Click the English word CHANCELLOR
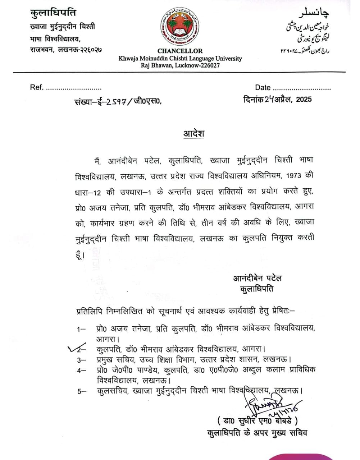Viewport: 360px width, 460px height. click(x=180, y=51)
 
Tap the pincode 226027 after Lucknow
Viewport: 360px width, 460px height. click(x=208, y=65)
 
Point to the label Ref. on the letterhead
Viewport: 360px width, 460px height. click(x=36, y=87)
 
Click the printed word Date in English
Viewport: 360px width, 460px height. click(x=263, y=87)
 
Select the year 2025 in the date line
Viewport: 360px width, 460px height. click(x=304, y=100)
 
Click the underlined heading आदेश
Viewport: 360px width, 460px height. click(x=194, y=133)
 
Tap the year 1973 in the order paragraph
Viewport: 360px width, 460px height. click(x=294, y=176)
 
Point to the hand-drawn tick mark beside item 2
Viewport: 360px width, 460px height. click(x=76, y=348)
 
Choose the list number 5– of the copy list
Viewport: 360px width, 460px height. click(x=82, y=391)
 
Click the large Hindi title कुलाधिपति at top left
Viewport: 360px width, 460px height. click(x=53, y=13)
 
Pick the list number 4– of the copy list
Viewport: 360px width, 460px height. click(x=81, y=370)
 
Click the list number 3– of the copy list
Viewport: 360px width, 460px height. click(x=81, y=359)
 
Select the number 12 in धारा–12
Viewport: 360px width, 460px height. click(x=96, y=192)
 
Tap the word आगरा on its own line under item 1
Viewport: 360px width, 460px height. click(x=108, y=339)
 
